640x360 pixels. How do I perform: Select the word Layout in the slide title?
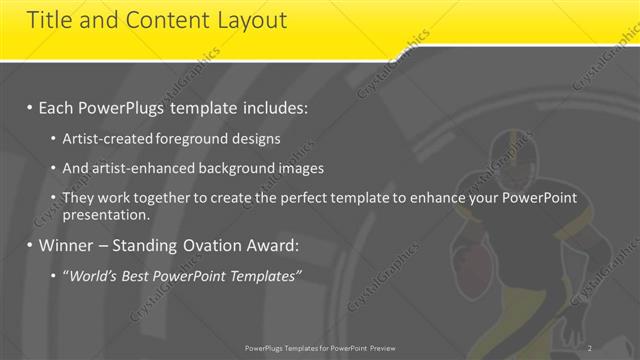[x=252, y=20]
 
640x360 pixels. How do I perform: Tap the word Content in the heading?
[x=160, y=20]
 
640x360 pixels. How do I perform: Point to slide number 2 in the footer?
[x=590, y=348]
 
